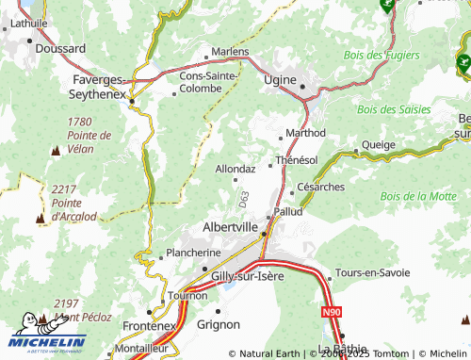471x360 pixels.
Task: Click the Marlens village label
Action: pyautogui.click(x=230, y=51)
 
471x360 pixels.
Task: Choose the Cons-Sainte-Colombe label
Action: pyautogui.click(x=214, y=81)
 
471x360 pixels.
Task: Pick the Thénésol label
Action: pyautogui.click(x=296, y=160)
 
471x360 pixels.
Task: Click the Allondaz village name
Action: pyautogui.click(x=235, y=169)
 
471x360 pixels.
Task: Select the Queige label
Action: pyautogui.click(x=379, y=145)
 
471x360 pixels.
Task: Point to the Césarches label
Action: pyautogui.click(x=320, y=187)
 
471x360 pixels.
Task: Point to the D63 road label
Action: pyautogui.click(x=244, y=199)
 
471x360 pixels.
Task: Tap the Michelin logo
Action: pyautogui.click(x=48, y=333)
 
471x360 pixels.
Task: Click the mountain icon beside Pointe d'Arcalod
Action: pyautogui.click(x=41, y=218)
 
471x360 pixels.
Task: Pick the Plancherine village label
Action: pyautogui.click(x=193, y=253)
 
